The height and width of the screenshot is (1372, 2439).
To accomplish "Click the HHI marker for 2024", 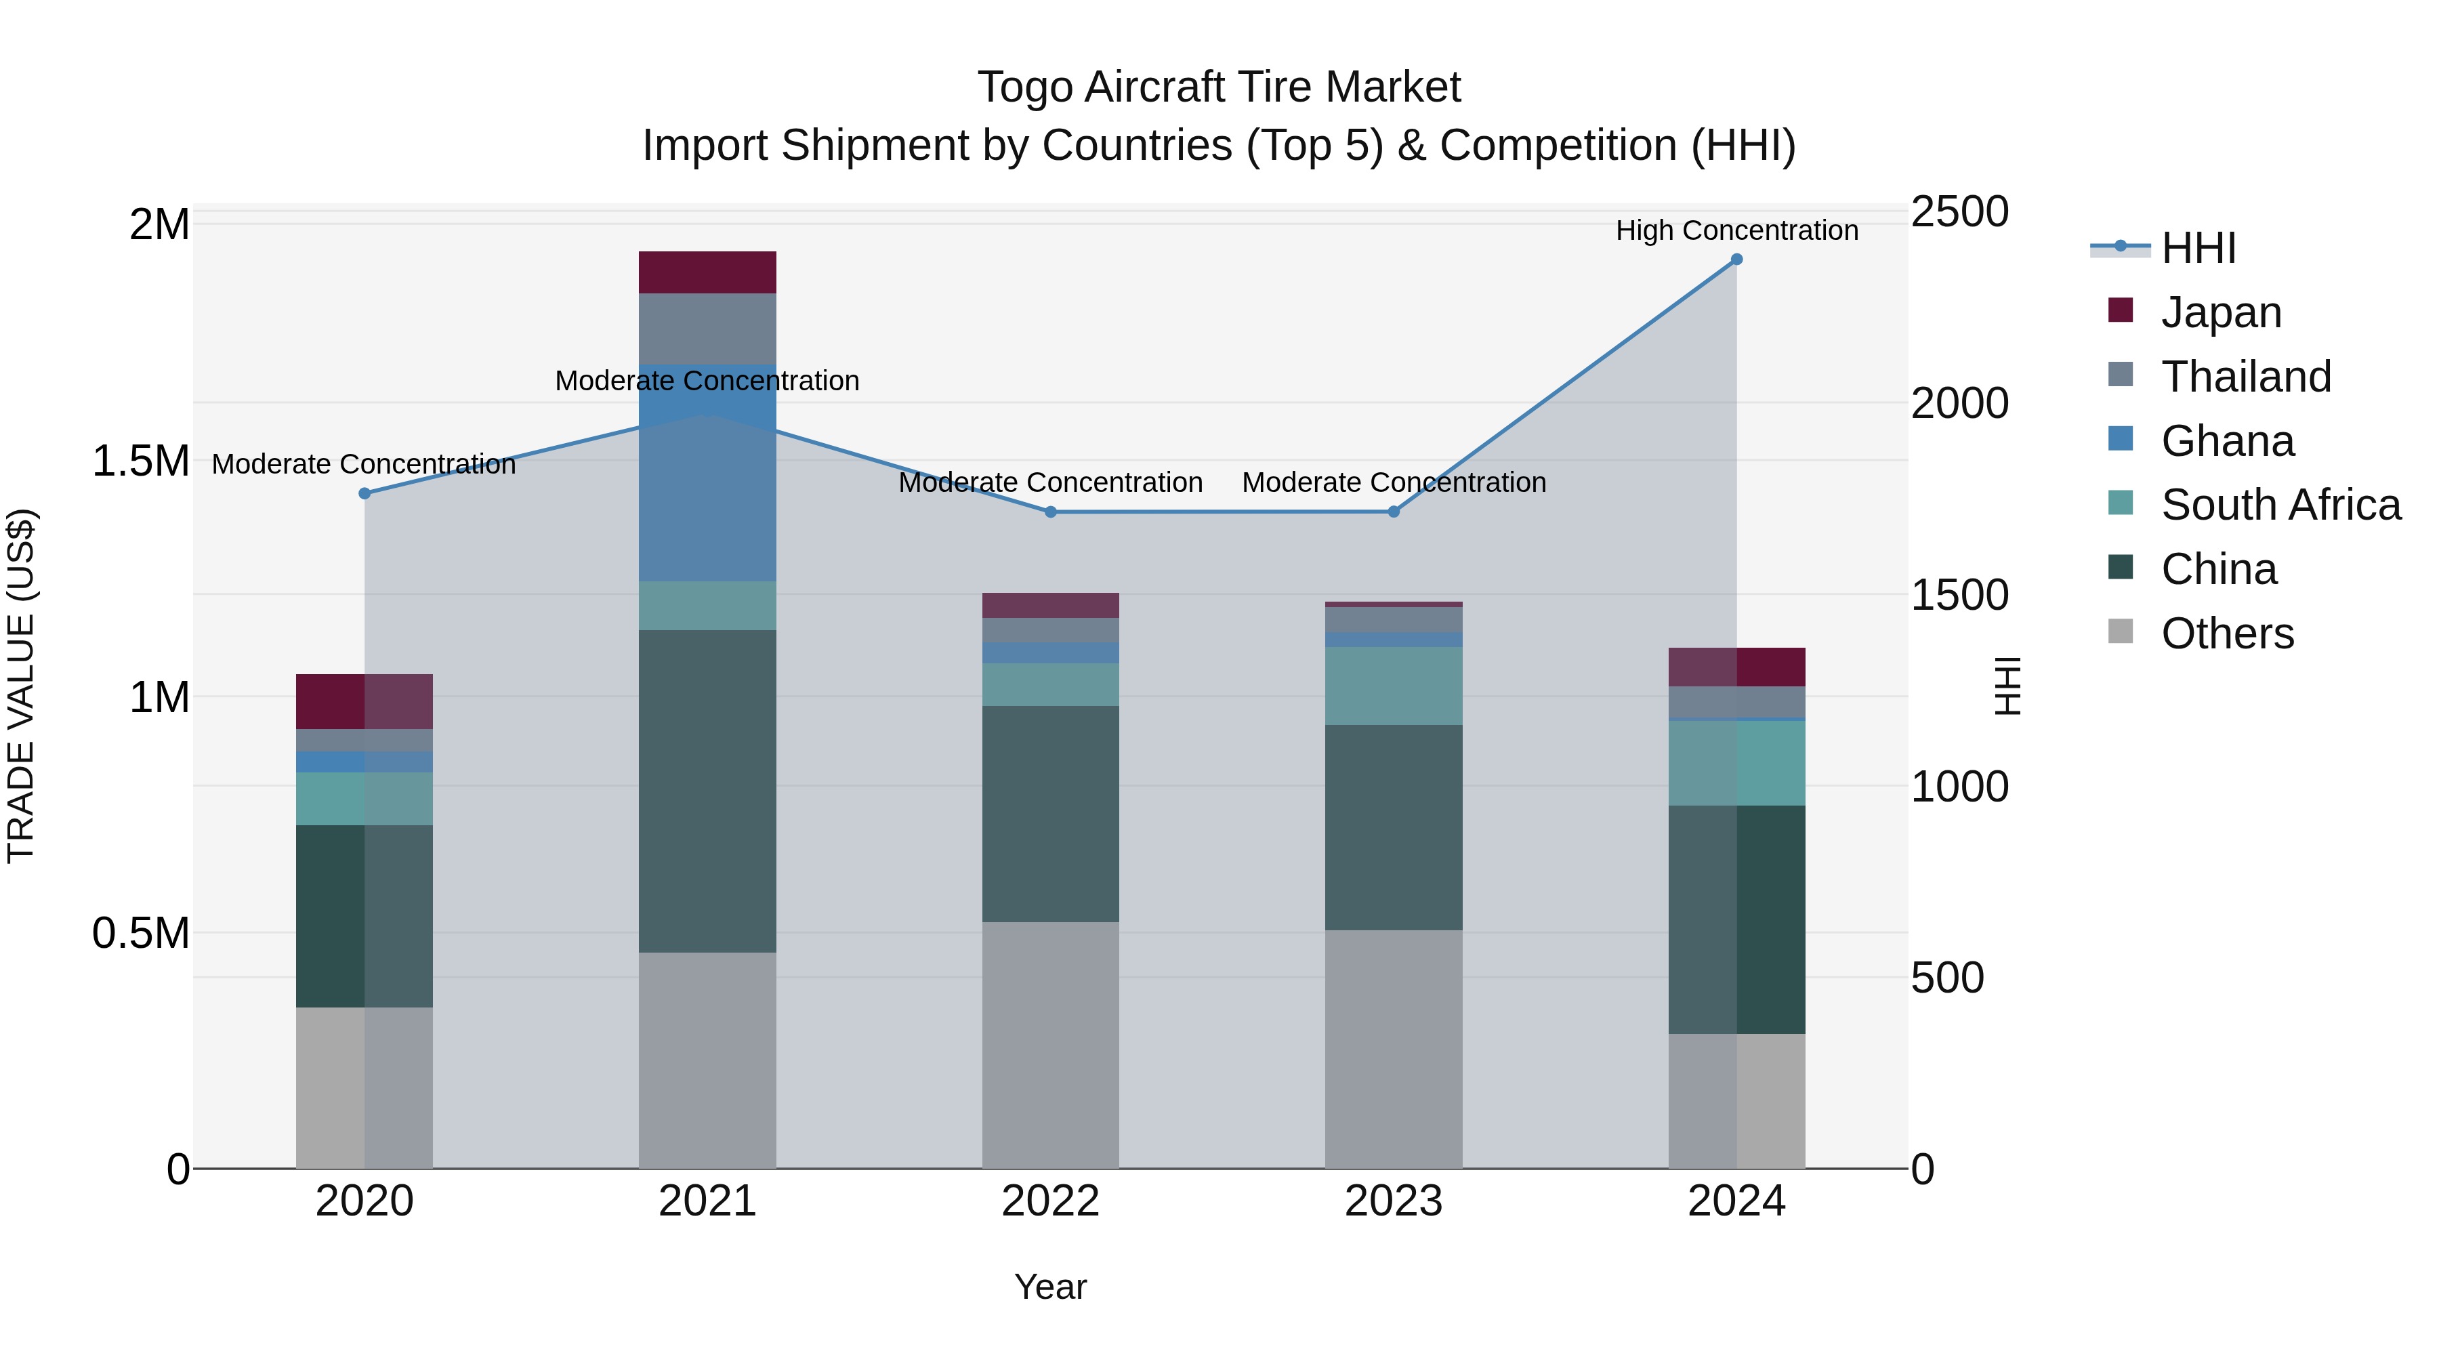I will tap(1736, 259).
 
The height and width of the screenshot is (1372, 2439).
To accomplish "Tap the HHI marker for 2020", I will tap(364, 493).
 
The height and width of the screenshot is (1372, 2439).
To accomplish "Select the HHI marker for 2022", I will tap(1050, 512).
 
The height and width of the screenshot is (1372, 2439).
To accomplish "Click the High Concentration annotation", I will tap(1736, 230).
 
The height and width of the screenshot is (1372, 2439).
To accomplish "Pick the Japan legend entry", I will tap(2220, 312).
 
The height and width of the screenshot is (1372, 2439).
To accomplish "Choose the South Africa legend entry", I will tap(2280, 505).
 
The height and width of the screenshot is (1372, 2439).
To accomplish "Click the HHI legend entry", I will tap(2198, 248).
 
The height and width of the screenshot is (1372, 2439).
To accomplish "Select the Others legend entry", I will tap(2227, 633).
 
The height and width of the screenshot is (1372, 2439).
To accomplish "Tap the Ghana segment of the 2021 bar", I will tap(707, 474).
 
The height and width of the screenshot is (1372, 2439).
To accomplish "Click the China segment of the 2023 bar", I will tap(1393, 827).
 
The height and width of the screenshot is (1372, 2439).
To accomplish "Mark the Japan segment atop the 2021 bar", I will tap(707, 272).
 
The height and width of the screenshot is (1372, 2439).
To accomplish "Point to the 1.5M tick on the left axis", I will tap(141, 461).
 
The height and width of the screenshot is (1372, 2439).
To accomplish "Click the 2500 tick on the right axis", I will tap(1959, 212).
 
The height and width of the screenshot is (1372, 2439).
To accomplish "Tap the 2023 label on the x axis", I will tap(1393, 1201).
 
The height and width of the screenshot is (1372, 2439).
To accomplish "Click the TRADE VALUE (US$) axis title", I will tap(21, 686).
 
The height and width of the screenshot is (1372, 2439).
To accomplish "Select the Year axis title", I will tap(1050, 1287).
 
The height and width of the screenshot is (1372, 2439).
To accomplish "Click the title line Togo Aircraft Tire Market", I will tap(1219, 87).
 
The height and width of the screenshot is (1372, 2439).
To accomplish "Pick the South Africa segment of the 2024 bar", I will tap(1736, 763).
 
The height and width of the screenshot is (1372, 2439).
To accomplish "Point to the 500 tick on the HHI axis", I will tap(1946, 978).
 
